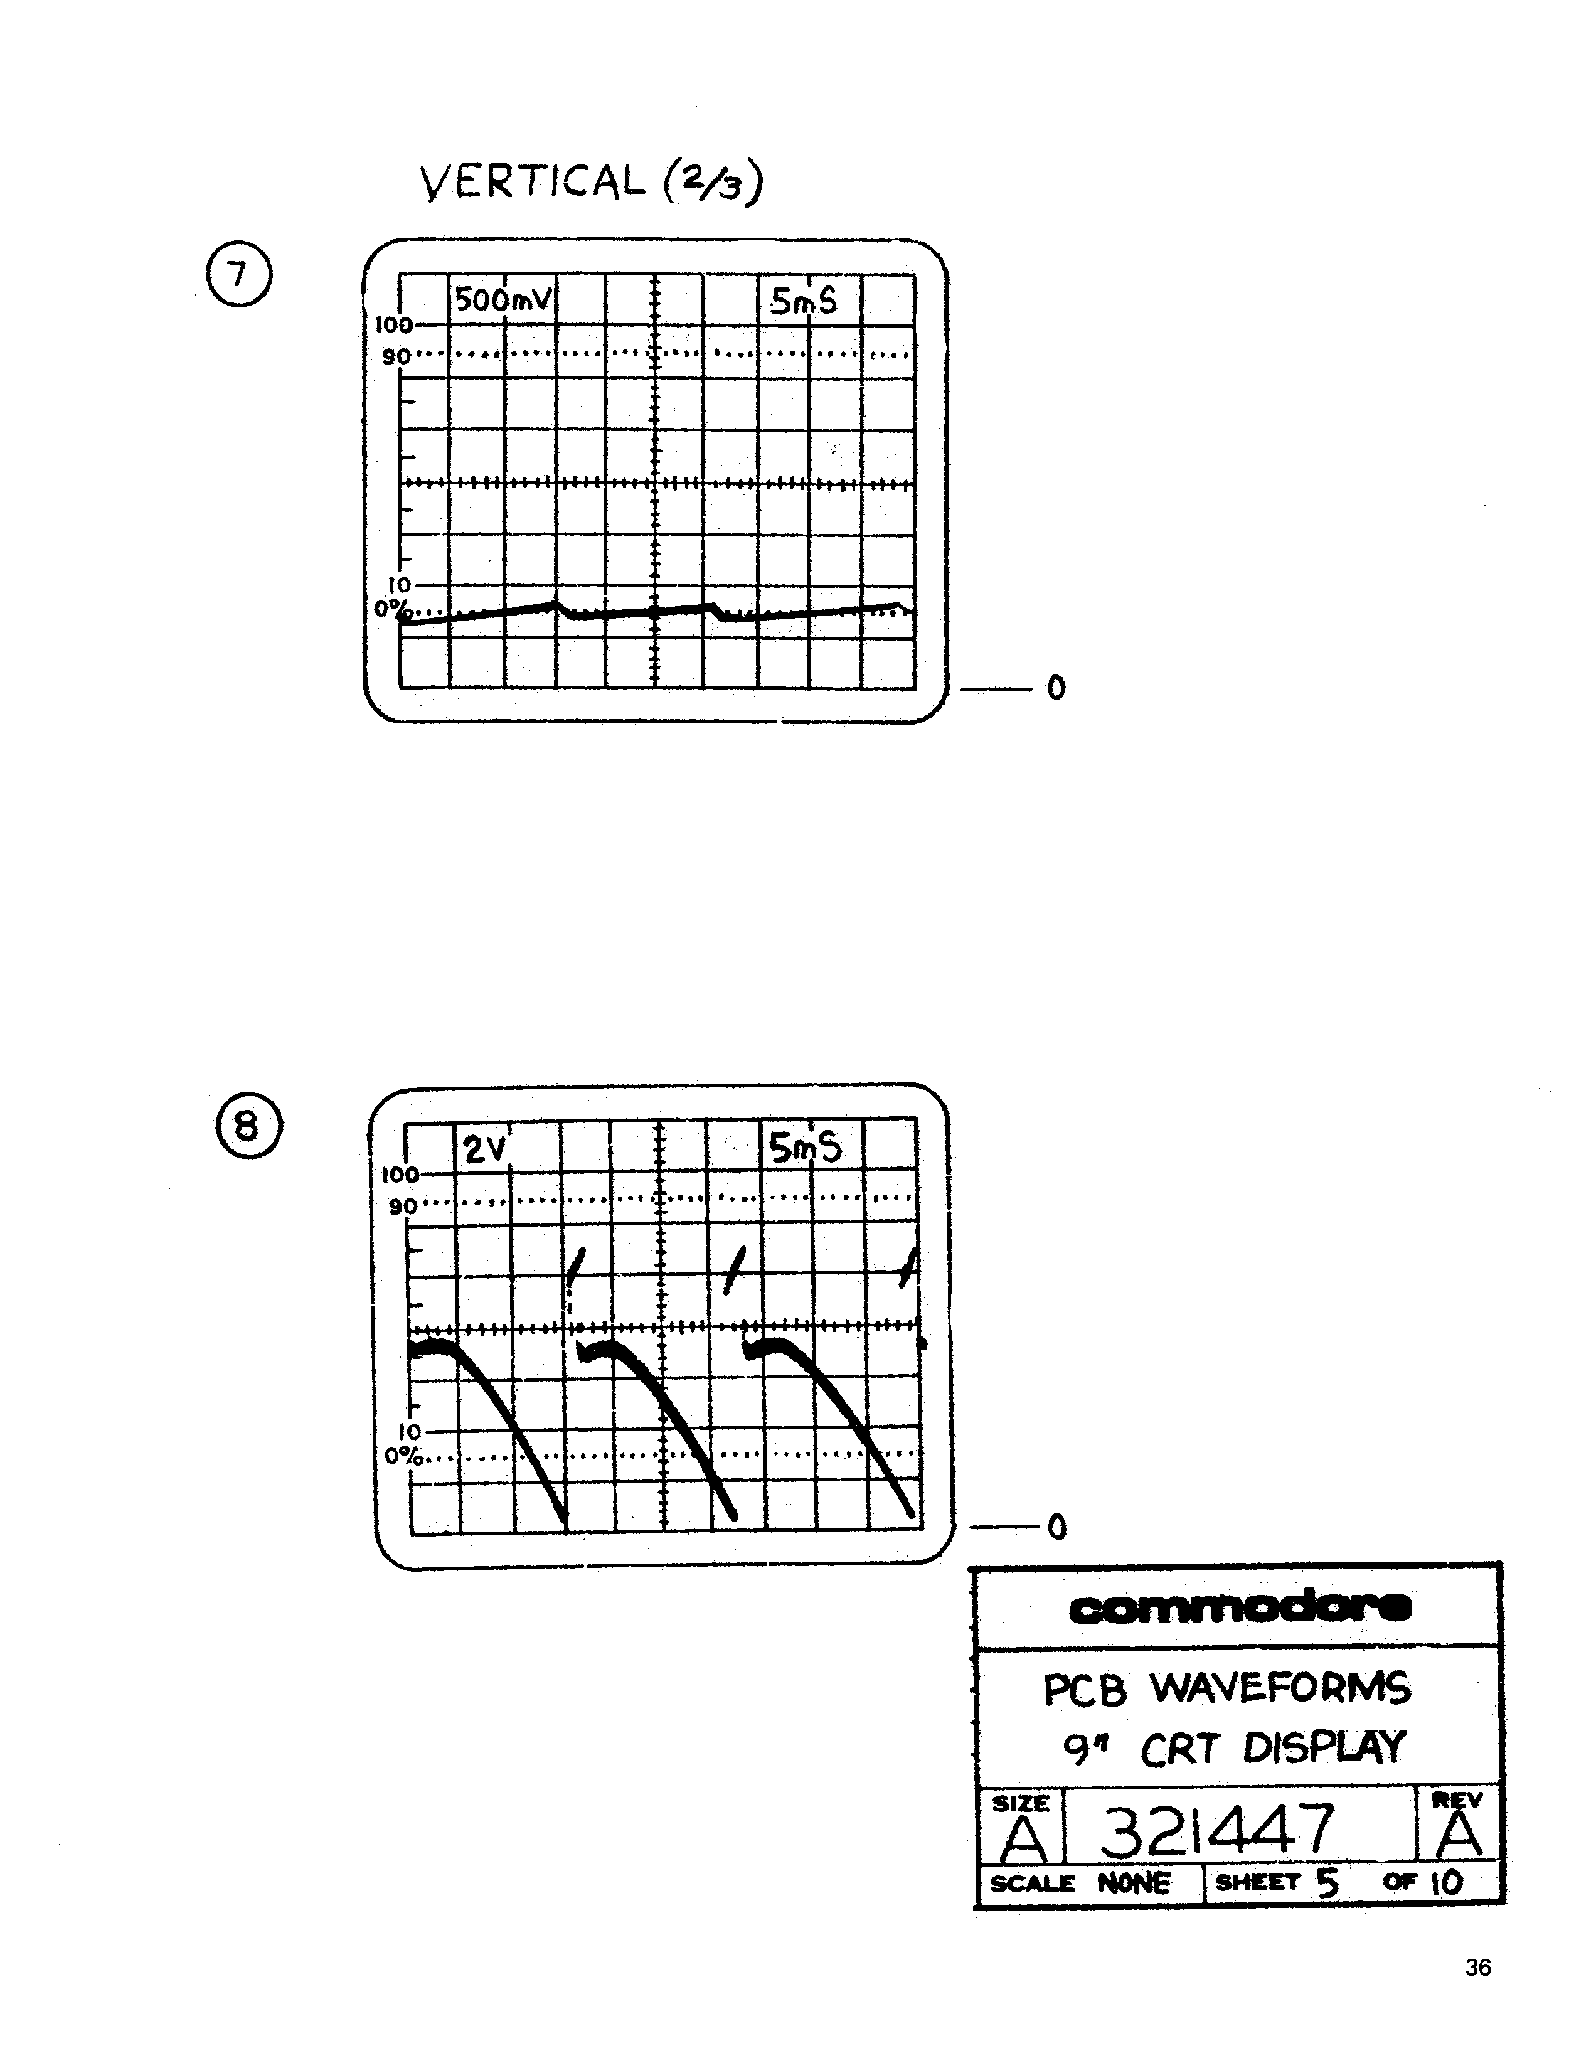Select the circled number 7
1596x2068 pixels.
click(238, 275)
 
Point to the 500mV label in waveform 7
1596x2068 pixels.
click(503, 300)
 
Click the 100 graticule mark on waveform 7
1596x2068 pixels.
click(394, 325)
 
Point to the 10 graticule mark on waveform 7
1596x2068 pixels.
click(398, 586)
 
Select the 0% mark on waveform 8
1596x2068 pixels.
click(403, 1456)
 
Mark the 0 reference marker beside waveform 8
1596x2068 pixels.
click(1057, 1527)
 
